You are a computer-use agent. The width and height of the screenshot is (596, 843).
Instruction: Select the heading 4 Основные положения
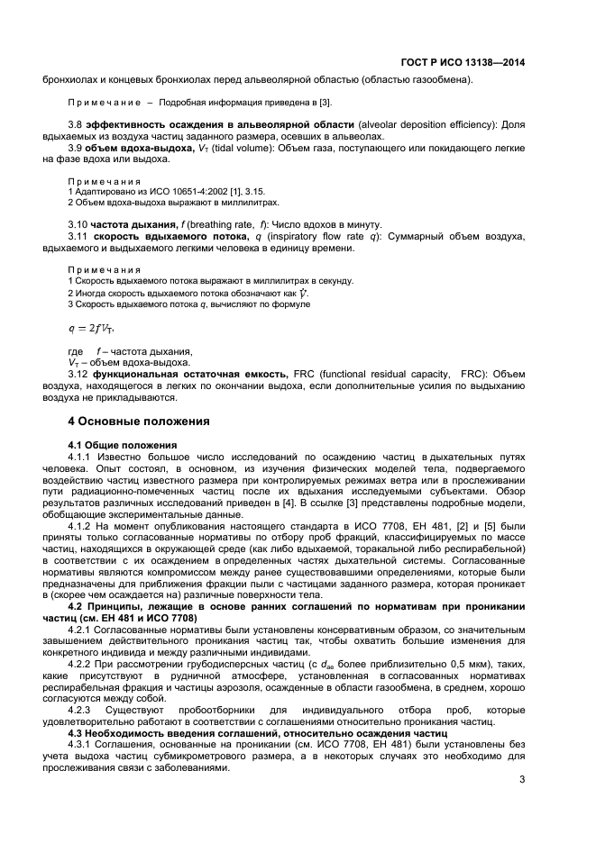pyautogui.click(x=139, y=421)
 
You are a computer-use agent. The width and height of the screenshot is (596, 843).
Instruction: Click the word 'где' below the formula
pyautogui.click(x=76, y=350)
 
